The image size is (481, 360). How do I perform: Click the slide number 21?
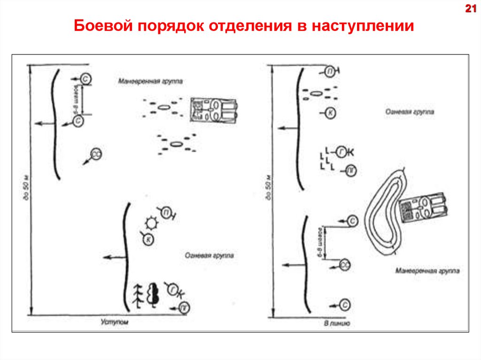pos(471,8)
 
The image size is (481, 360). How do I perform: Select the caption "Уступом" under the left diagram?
pos(114,322)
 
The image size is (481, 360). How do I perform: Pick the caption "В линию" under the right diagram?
pos(336,323)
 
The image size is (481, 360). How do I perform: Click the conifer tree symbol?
pos(138,296)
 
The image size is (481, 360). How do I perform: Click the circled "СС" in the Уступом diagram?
pos(95,154)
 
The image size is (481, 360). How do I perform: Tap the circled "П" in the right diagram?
pos(331,71)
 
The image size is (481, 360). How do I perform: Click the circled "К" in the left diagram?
pos(148,239)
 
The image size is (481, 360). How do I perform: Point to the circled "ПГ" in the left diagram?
pos(185,307)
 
